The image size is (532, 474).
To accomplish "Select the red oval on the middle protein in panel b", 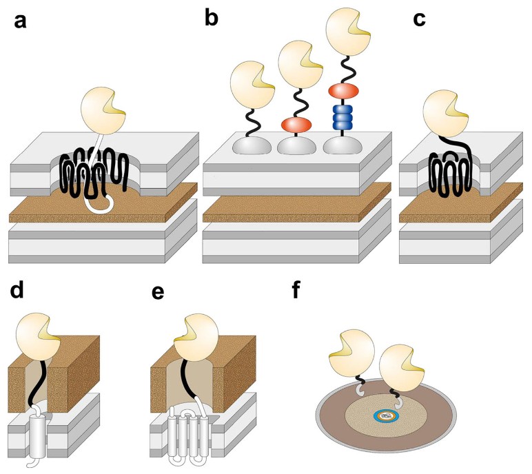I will [x=294, y=124].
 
